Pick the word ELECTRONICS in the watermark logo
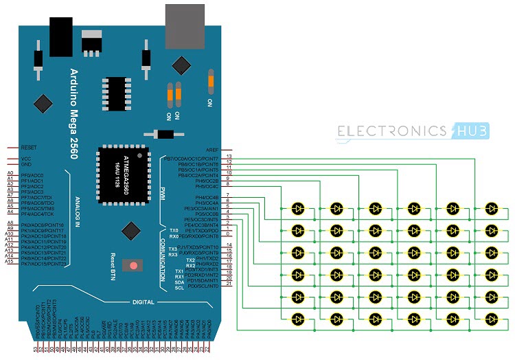click(391, 131)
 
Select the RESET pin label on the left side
click(28, 147)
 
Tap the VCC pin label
click(26, 159)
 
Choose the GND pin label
click(26, 165)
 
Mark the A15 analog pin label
click(10, 262)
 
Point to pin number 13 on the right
click(229, 157)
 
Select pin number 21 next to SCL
click(229, 284)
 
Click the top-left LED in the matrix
click(298, 207)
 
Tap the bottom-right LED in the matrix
click(492, 318)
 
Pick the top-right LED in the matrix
click(492, 207)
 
